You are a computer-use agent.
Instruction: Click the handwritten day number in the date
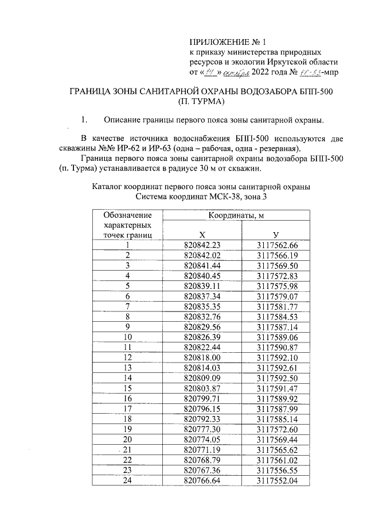point(210,73)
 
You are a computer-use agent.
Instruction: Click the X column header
point(202,234)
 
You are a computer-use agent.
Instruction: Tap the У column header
point(276,234)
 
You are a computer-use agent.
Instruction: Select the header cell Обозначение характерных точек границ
point(127,225)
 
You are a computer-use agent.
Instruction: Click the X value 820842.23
point(202,245)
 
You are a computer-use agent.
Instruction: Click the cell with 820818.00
point(202,357)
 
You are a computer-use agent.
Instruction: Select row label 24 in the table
point(127,480)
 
